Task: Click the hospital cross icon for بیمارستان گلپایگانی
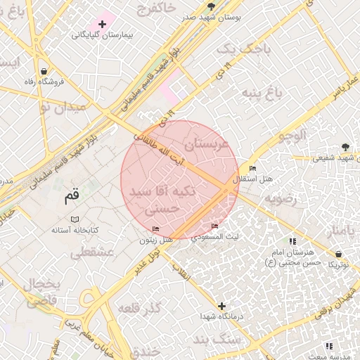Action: pyautogui.click(x=103, y=24)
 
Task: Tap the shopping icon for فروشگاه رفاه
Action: pyautogui.click(x=44, y=71)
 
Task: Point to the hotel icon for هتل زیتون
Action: pyautogui.click(x=155, y=229)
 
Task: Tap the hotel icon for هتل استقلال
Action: pyautogui.click(x=252, y=169)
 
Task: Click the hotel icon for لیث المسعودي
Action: pyautogui.click(x=214, y=226)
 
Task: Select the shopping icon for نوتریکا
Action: pyautogui.click(x=339, y=254)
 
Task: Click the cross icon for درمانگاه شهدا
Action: pyautogui.click(x=222, y=306)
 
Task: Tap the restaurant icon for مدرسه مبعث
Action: pyautogui.click(x=329, y=345)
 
